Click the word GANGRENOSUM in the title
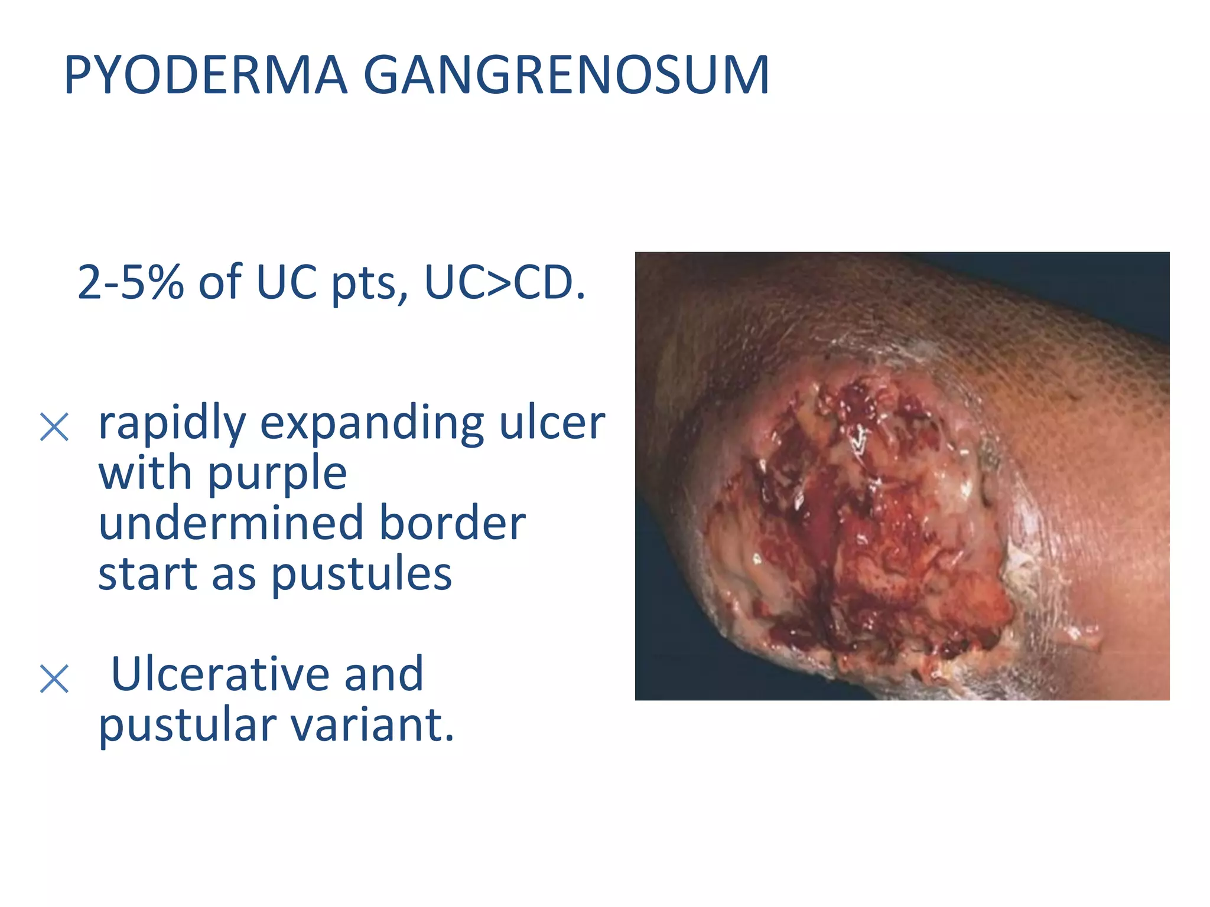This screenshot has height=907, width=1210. [566, 75]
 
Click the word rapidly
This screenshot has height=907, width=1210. [172, 424]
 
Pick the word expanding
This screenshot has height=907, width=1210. [372, 424]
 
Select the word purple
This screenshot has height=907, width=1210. [277, 475]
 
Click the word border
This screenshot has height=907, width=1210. [452, 523]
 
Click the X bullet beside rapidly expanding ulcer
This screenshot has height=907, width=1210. [54, 427]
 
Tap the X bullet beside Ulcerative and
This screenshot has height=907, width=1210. [54, 678]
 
